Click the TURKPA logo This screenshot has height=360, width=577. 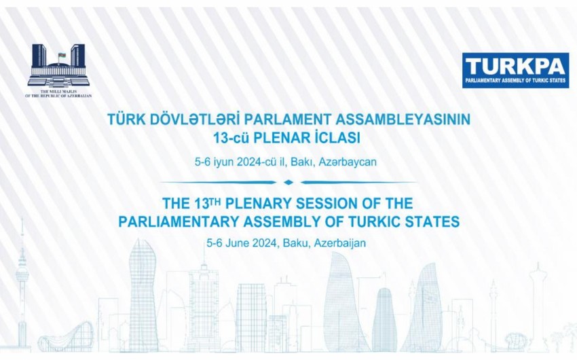coord(515,71)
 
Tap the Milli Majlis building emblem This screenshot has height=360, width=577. coord(58,65)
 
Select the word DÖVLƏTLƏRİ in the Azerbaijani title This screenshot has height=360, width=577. coord(193,120)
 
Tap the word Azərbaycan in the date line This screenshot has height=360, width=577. coord(348,162)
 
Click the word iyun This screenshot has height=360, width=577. coord(223,162)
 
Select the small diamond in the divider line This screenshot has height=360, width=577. coord(288,182)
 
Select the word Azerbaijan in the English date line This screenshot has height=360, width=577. coord(340,243)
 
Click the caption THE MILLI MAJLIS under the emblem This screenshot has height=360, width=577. coord(58,91)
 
